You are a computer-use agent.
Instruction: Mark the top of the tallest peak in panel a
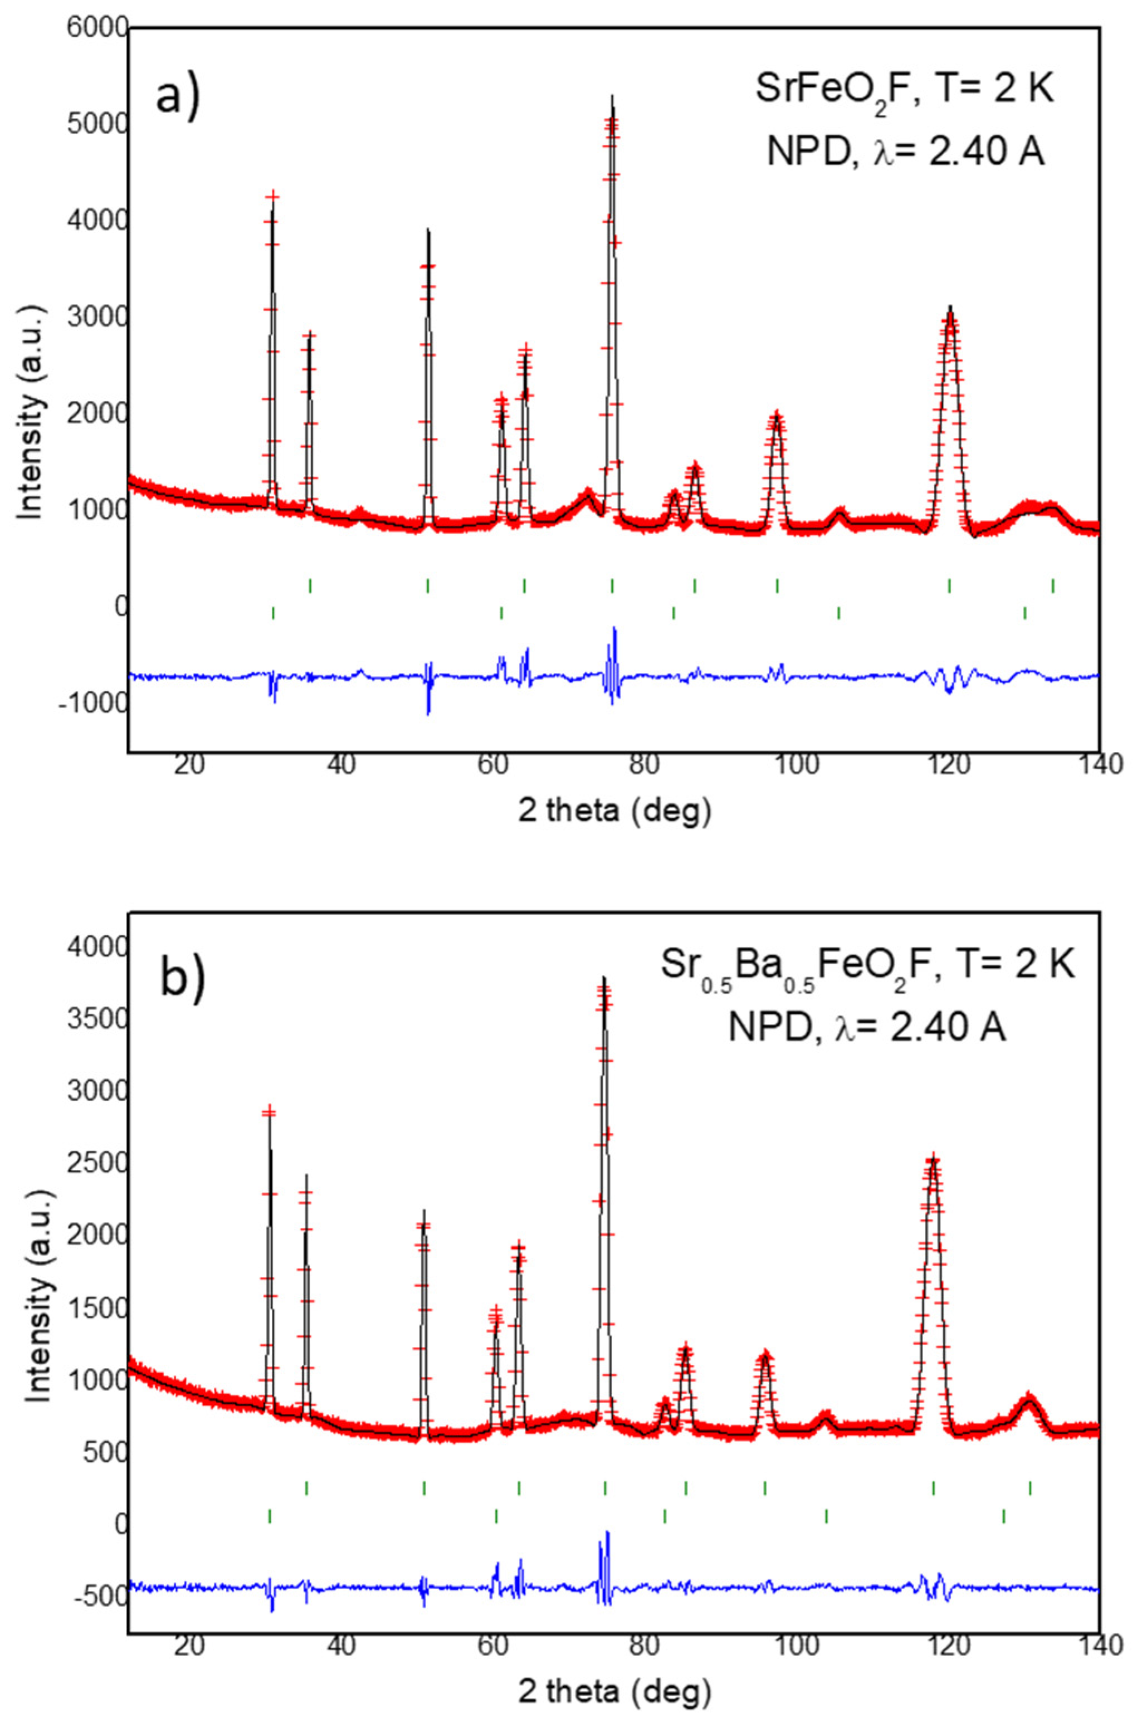pos(612,96)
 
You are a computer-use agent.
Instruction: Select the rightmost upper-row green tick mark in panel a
pos(1053,586)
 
